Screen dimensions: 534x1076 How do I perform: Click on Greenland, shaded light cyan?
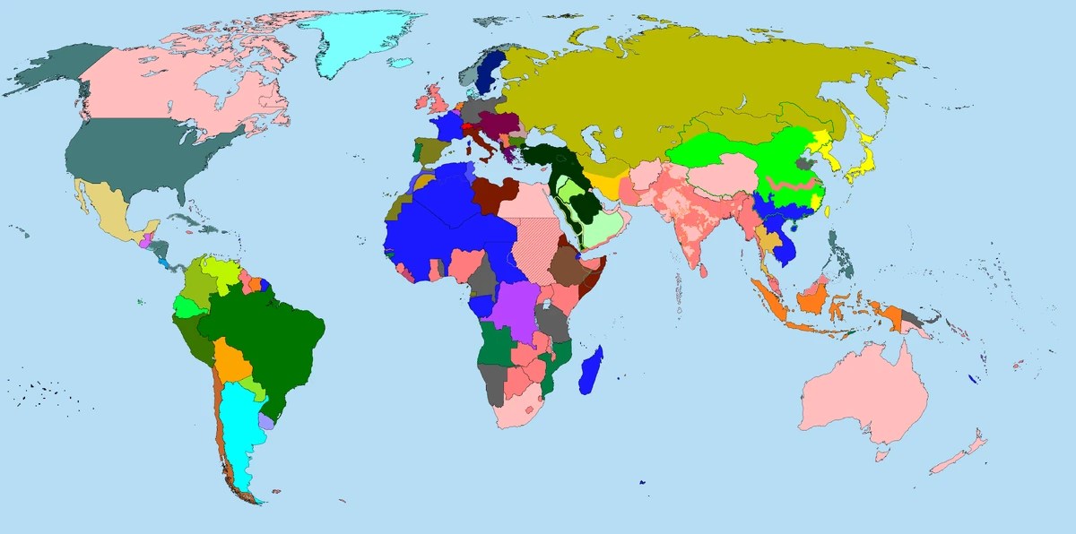tap(359, 36)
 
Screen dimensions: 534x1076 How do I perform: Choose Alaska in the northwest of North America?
tap(54, 72)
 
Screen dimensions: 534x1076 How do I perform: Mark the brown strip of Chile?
tap(217, 421)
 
